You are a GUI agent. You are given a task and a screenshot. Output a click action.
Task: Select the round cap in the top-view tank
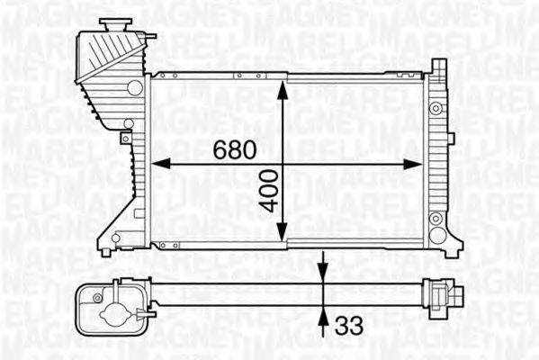[x=113, y=315]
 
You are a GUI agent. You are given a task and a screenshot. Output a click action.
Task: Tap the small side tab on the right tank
[x=450, y=138]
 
